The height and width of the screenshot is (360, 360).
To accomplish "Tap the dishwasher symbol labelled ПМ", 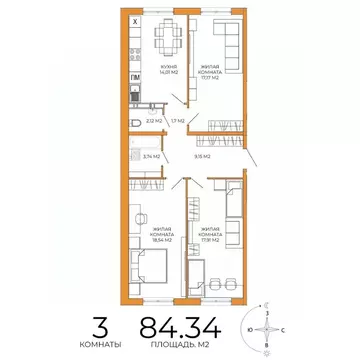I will pos(136,76).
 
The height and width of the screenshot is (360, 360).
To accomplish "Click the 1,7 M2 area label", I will pos(177,121).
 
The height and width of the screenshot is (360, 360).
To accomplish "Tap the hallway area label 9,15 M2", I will pos(202,156).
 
